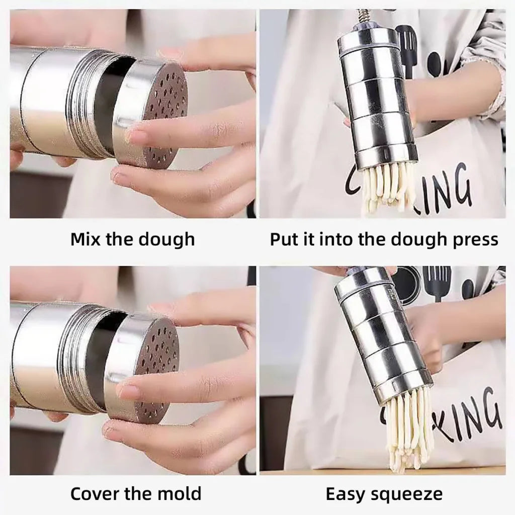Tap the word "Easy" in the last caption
347,494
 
